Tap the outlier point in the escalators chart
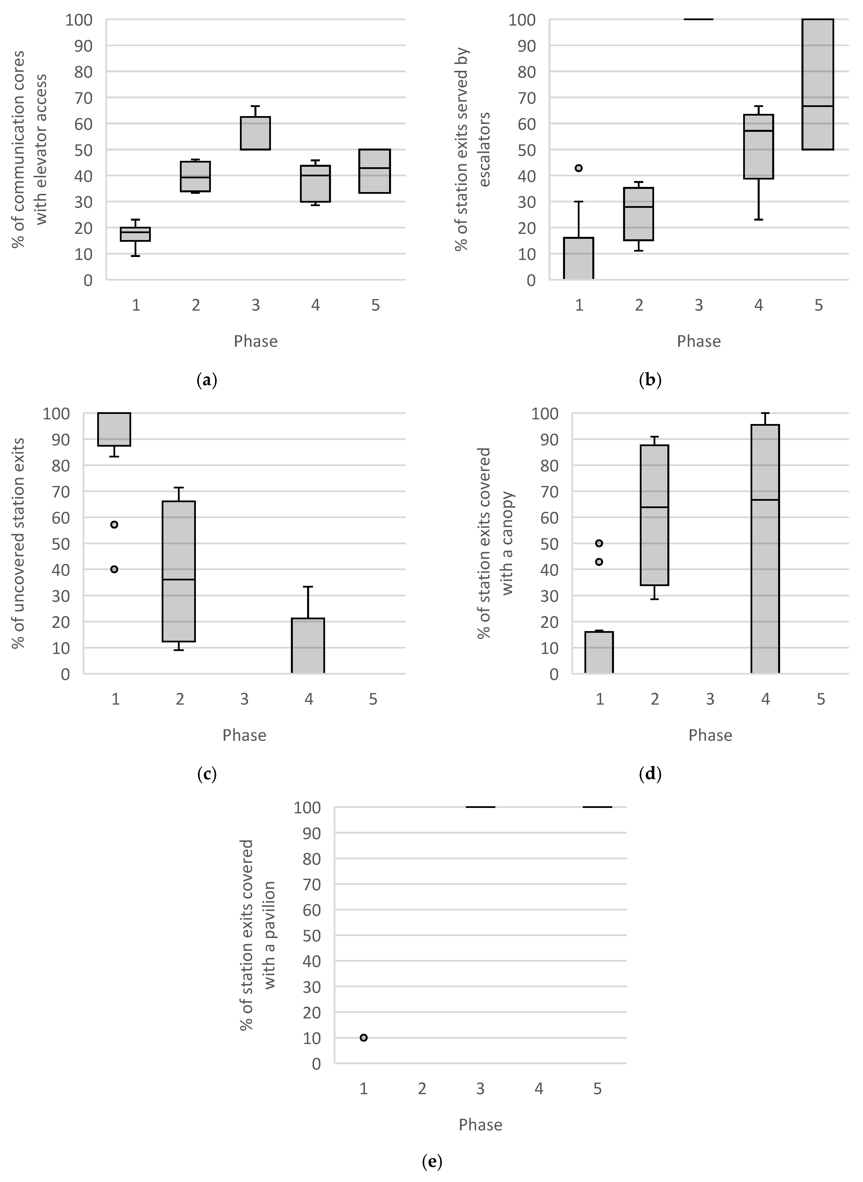(x=578, y=168)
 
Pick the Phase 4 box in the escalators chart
(x=758, y=147)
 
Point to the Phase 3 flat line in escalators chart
(x=698, y=19)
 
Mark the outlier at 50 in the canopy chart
(x=599, y=544)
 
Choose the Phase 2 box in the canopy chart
(x=655, y=515)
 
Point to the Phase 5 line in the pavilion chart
(x=597, y=807)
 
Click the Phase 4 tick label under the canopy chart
(x=765, y=699)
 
